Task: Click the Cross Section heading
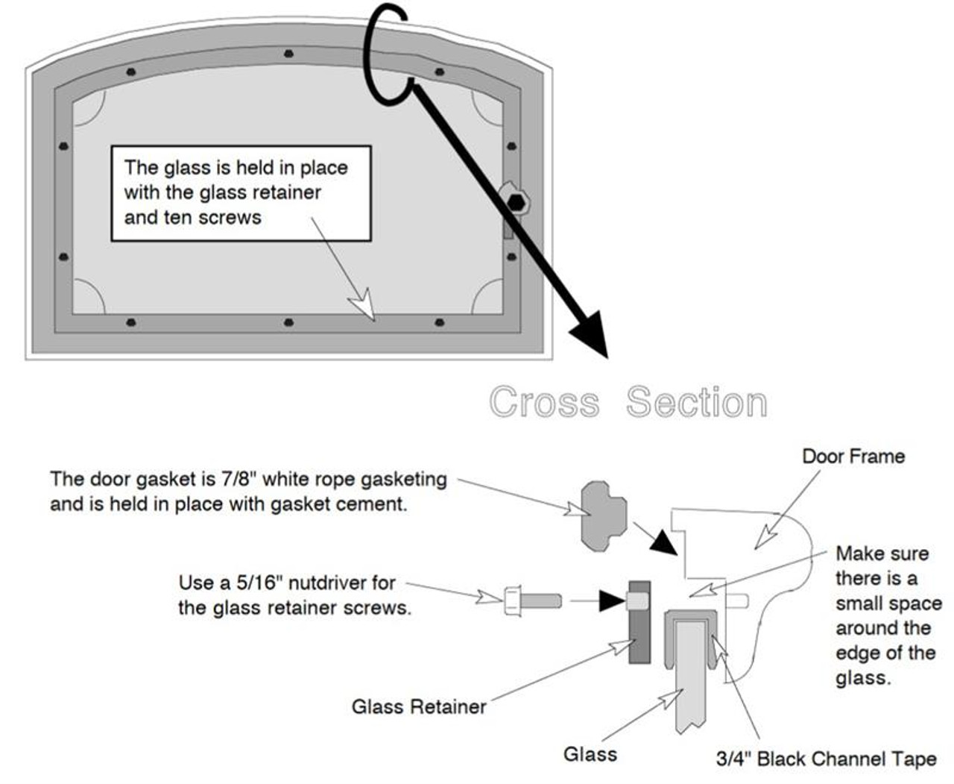click(x=628, y=402)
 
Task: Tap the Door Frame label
click(x=853, y=457)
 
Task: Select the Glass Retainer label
click(x=419, y=706)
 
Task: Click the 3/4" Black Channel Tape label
click(x=826, y=759)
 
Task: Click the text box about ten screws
click(x=241, y=193)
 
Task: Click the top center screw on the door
click(x=288, y=54)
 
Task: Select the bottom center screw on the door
click(x=288, y=322)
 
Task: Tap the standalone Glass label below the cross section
click(x=590, y=754)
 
